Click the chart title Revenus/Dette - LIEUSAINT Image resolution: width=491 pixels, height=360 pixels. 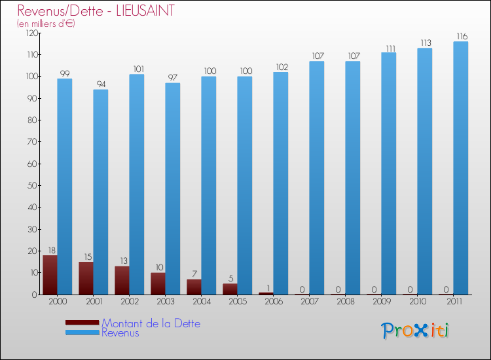(96, 11)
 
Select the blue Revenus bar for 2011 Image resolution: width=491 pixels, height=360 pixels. (461, 168)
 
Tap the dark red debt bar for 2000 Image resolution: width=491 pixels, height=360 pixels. (50, 275)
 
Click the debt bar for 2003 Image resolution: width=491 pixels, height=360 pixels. (158, 283)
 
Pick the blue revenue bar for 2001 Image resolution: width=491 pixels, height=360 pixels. (100, 192)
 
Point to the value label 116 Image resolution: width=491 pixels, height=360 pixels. (461, 36)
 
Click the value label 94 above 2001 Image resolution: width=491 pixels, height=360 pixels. (100, 84)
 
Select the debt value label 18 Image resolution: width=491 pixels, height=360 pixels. (50, 249)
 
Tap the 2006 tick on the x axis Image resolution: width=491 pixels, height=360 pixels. (273, 302)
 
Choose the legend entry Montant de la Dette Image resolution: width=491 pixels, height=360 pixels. (151, 323)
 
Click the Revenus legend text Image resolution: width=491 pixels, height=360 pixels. (120, 333)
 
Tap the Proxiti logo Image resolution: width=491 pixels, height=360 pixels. (415, 331)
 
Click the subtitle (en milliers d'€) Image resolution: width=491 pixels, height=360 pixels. (46, 24)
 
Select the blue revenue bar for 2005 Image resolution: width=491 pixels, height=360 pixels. (245, 185)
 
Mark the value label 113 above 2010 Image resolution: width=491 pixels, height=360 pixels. (425, 43)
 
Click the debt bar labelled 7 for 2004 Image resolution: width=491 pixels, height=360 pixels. (194, 287)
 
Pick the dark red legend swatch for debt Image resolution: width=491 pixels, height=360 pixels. (82, 323)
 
